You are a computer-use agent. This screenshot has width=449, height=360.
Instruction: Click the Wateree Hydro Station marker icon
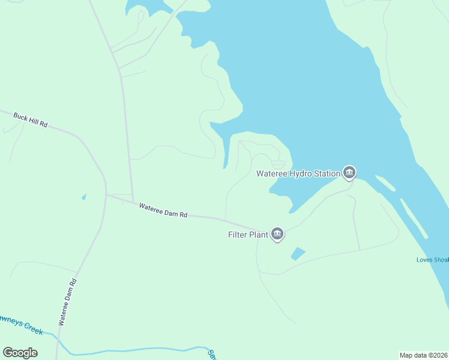tap(349, 173)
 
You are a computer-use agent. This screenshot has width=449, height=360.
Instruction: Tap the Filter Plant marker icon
tap(277, 234)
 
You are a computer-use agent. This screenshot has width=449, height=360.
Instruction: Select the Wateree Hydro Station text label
tap(298, 174)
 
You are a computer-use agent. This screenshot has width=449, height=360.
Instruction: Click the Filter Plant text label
tap(247, 235)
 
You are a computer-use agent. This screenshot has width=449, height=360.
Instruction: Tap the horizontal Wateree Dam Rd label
tap(163, 211)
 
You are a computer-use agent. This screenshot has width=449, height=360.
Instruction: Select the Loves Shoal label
tap(432, 260)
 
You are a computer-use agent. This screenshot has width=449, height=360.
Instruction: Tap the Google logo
tap(20, 353)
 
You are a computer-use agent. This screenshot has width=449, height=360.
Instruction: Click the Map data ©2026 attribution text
tap(424, 355)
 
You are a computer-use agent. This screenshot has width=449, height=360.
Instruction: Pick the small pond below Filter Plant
tap(298, 254)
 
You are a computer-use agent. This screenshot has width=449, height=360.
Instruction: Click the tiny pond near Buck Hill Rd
tap(83, 196)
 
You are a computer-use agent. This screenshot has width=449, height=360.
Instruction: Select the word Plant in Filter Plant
tap(258, 235)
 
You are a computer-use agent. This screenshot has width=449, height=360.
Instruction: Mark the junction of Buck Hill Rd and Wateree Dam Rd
tap(106, 194)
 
